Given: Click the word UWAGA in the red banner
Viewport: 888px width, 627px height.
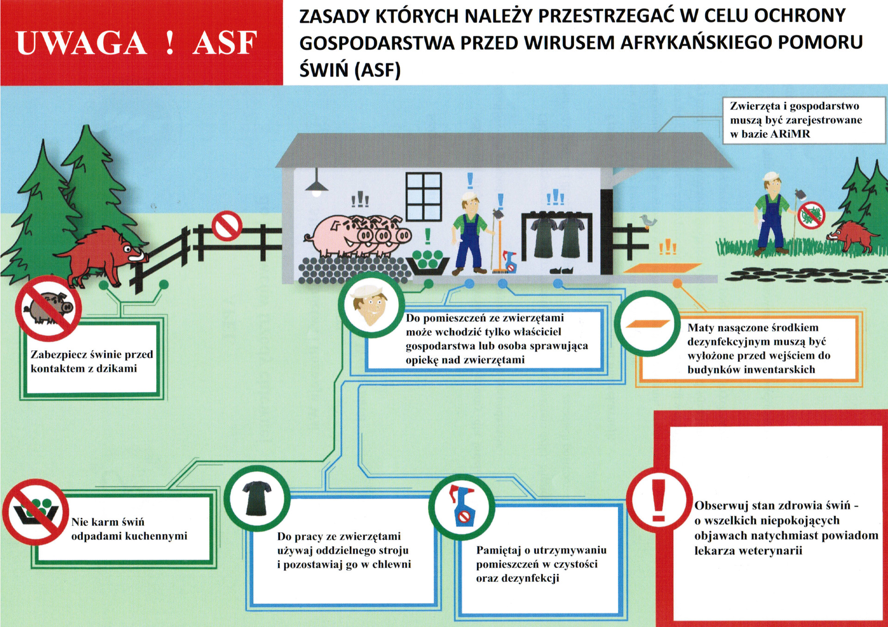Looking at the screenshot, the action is (x=81, y=43).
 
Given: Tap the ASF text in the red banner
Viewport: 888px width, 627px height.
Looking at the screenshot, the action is (x=225, y=43).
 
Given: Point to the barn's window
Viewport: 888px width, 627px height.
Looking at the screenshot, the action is (x=424, y=196).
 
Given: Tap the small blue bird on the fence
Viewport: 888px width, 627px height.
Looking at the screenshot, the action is (x=649, y=222).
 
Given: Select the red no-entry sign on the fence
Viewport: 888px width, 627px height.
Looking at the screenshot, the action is (x=227, y=225).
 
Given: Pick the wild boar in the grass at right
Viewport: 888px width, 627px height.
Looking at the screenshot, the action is (x=852, y=235).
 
